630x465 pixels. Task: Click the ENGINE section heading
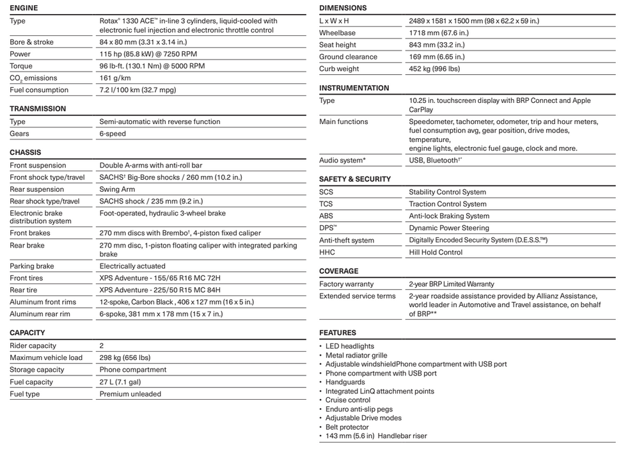click(x=24, y=8)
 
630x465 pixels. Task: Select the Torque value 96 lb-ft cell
click(x=152, y=66)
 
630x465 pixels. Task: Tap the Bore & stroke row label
click(x=31, y=42)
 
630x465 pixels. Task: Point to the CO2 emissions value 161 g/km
click(x=114, y=78)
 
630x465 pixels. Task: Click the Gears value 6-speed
click(x=113, y=134)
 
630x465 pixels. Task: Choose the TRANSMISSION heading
click(x=38, y=109)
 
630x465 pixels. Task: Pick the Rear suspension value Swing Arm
click(x=117, y=189)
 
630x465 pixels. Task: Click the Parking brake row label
click(x=32, y=266)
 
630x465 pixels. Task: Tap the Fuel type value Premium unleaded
click(x=130, y=394)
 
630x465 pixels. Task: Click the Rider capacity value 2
click(x=102, y=346)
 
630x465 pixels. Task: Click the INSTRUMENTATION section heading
click(x=354, y=88)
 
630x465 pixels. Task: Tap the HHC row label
click(x=327, y=253)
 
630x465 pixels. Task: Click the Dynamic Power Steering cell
click(x=448, y=228)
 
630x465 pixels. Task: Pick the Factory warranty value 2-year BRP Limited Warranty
click(x=451, y=284)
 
